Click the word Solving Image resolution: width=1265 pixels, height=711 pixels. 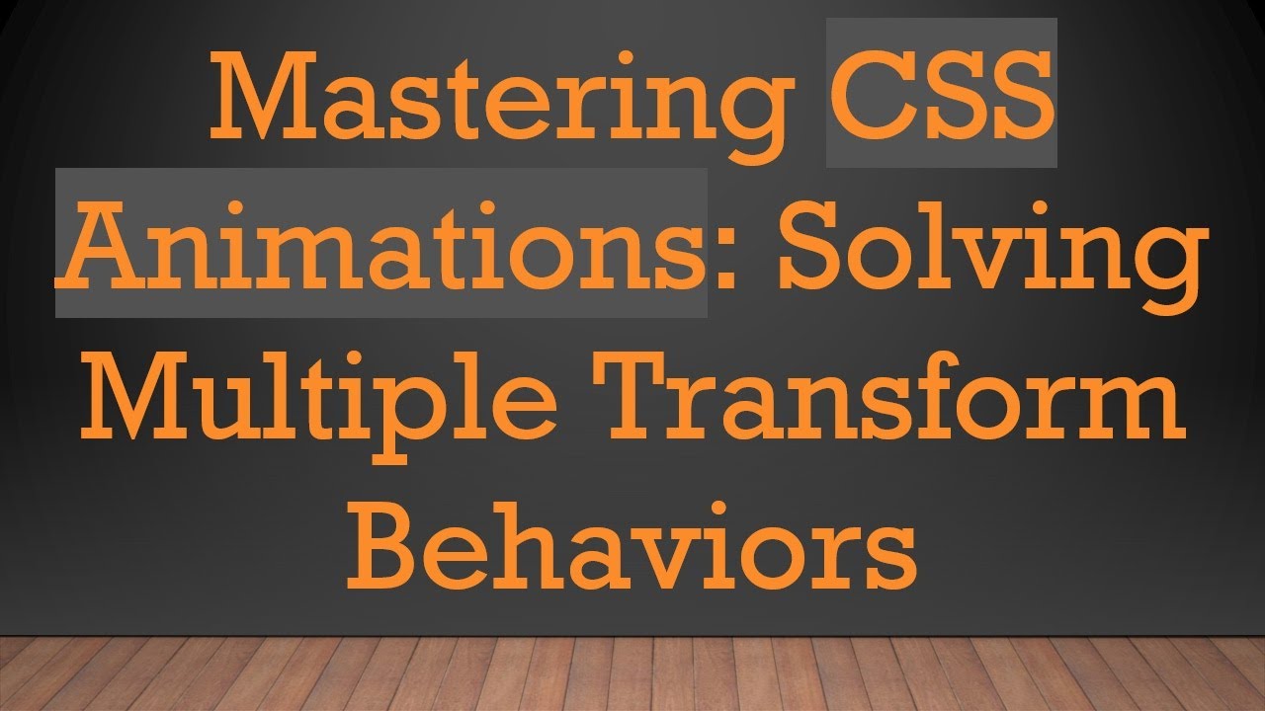click(x=993, y=247)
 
